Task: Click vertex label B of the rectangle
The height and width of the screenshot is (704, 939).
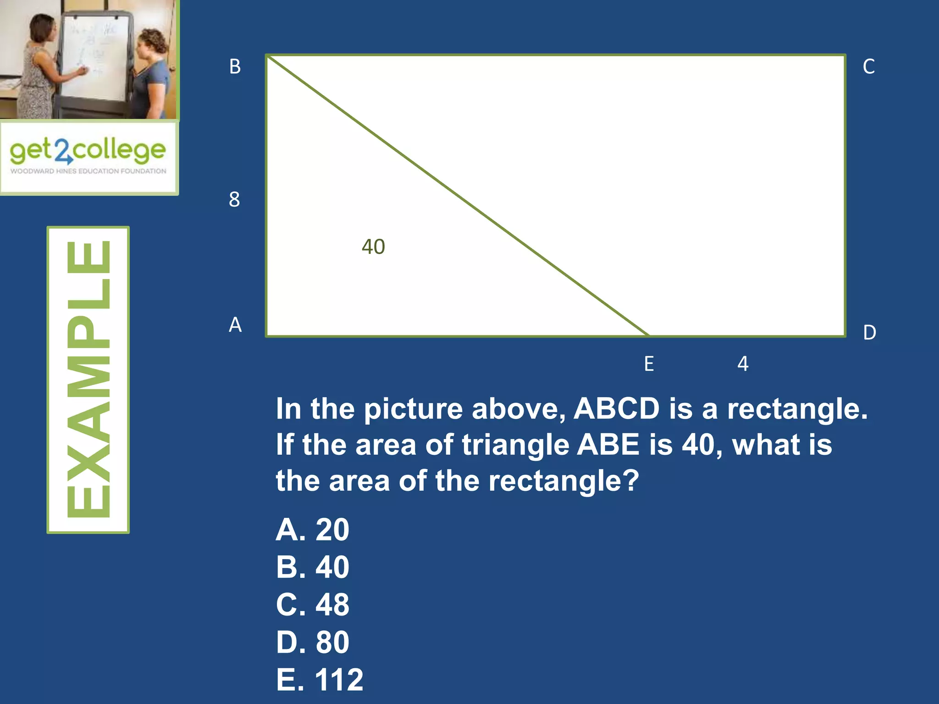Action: (x=235, y=67)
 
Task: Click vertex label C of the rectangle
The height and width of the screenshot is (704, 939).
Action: (x=868, y=67)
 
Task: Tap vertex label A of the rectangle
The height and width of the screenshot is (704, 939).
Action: (x=235, y=325)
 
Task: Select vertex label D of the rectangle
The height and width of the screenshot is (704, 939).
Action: (x=869, y=333)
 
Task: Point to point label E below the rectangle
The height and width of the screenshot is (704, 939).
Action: (x=649, y=364)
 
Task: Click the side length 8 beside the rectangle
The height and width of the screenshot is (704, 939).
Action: (x=234, y=200)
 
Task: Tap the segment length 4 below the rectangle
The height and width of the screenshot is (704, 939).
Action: (x=743, y=364)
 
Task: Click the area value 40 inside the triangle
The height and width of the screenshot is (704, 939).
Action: (x=373, y=247)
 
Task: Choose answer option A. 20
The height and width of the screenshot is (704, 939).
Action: (x=313, y=530)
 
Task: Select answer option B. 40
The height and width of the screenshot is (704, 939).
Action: (x=313, y=567)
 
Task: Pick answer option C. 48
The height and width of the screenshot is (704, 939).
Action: (x=313, y=605)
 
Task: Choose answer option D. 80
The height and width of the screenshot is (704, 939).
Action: (x=313, y=642)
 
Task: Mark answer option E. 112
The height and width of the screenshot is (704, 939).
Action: (x=320, y=680)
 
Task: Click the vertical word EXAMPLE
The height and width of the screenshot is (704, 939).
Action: (x=88, y=379)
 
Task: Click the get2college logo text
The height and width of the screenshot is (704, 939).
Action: (x=88, y=150)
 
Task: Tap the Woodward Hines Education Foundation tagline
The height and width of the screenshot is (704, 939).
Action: (x=88, y=171)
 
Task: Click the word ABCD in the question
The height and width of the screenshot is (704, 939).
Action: (x=617, y=408)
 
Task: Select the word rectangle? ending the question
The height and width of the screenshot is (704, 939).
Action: (x=563, y=481)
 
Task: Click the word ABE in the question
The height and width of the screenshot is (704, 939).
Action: (x=608, y=445)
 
